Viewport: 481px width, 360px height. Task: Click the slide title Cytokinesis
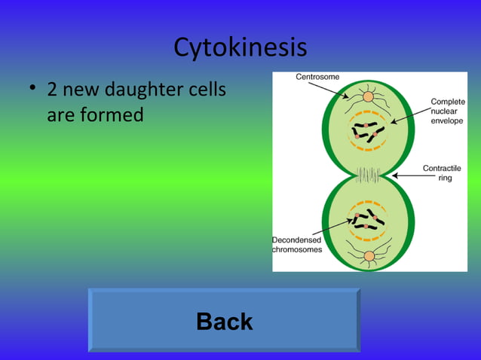tap(240, 47)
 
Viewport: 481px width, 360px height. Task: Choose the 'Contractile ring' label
tap(441, 173)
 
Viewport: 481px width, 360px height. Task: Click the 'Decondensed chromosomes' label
tap(296, 244)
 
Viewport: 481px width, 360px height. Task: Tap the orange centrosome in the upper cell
tap(369, 96)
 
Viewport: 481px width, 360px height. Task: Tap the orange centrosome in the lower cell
tap(369, 256)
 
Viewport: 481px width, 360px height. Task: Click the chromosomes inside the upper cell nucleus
tap(367, 131)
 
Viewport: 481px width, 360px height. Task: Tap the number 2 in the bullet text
tap(53, 90)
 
